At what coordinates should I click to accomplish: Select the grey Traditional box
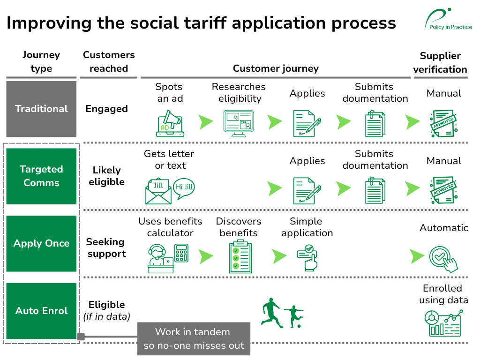pos(41,109)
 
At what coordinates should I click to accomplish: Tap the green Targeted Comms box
pos(41,176)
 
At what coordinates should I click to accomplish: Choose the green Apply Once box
pos(41,243)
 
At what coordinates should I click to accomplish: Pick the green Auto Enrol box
pos(41,311)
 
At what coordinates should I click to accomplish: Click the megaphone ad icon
pos(170,123)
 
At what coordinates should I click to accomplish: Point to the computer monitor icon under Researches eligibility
pos(239,123)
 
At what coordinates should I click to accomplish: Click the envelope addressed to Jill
pos(158,191)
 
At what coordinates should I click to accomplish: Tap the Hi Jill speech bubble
pos(184,187)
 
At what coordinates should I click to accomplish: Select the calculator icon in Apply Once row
pos(181,253)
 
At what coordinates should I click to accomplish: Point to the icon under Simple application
pos(307,256)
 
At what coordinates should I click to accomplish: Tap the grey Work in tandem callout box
pos(194,338)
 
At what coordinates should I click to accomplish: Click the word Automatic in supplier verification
pos(443,228)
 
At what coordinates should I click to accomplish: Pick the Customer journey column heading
pos(276,68)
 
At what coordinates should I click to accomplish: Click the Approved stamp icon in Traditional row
pos(443,123)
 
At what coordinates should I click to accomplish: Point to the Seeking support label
pos(106,247)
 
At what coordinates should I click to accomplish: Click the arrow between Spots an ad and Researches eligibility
pos(206,122)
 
